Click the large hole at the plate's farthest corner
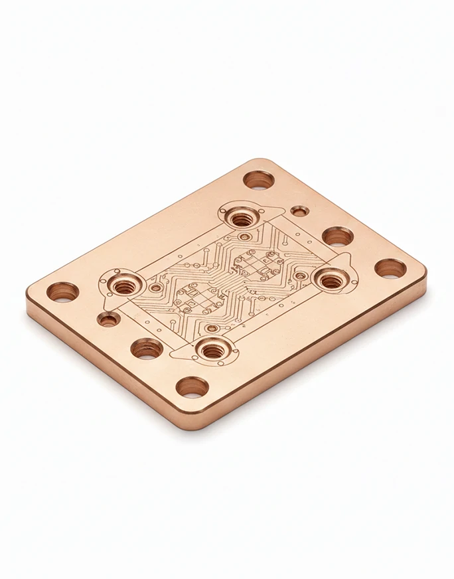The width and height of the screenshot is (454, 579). (259, 179)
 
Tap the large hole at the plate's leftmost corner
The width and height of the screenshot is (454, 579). (62, 291)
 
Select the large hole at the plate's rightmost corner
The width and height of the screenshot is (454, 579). (390, 268)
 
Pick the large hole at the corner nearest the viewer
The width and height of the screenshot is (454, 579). (192, 386)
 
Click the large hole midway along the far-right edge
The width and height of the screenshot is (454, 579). (337, 236)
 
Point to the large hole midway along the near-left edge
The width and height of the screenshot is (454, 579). (147, 348)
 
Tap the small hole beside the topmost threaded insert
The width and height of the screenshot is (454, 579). (299, 211)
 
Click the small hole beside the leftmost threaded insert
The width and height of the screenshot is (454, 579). (108, 319)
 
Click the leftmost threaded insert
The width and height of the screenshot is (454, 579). (124, 286)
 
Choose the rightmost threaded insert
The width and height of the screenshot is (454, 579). (330, 280)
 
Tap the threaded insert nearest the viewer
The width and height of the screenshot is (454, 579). (212, 349)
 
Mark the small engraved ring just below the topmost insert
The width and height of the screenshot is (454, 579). (245, 237)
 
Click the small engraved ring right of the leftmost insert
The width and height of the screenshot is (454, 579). (155, 288)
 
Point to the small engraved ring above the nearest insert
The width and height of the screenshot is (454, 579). (211, 328)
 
